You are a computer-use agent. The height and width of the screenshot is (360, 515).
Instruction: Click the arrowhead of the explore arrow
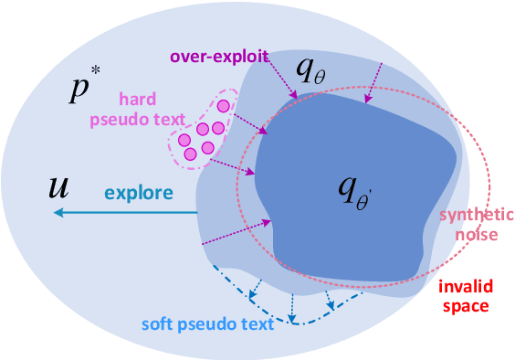click(57, 213)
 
